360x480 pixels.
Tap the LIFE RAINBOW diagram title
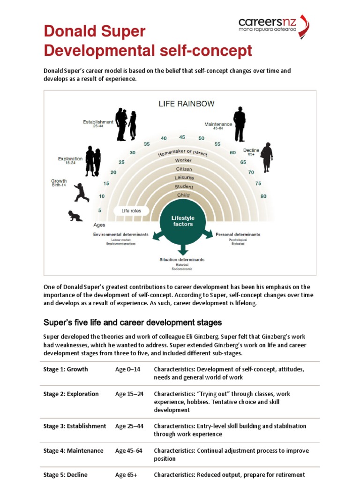(180, 104)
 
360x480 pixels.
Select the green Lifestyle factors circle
(183, 221)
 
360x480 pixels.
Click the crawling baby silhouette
(75, 216)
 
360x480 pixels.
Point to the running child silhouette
(81, 193)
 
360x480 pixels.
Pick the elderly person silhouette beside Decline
(266, 157)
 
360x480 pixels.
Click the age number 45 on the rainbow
(182, 137)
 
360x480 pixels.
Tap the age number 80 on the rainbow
(263, 196)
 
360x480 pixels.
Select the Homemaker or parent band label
(183, 153)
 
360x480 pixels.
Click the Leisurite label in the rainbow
(184, 178)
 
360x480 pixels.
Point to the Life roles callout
(131, 211)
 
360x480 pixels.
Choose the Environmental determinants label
(121, 234)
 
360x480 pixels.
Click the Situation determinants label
(182, 259)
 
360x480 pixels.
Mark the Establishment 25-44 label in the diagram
(98, 124)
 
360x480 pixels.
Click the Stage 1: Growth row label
(66, 369)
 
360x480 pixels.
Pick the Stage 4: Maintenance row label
(73, 450)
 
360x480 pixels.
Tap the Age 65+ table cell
(126, 475)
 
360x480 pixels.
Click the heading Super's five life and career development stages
(133, 322)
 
